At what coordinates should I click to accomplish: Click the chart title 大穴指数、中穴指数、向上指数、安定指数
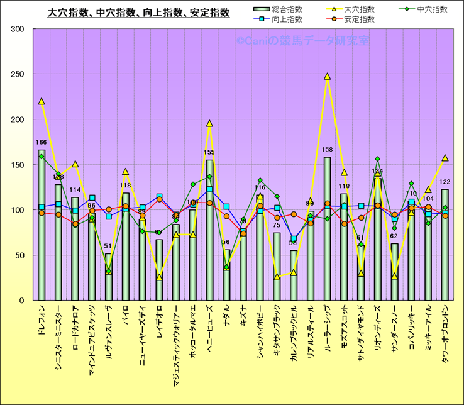tap(139, 12)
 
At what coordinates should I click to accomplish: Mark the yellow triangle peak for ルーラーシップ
tap(327, 77)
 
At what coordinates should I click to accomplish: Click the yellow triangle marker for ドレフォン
tap(41, 101)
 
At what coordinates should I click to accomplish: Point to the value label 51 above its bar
tap(109, 247)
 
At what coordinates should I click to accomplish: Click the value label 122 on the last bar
tap(445, 182)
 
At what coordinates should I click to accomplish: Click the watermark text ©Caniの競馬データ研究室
tap(302, 41)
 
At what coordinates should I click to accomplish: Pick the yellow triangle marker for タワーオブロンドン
tap(445, 158)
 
